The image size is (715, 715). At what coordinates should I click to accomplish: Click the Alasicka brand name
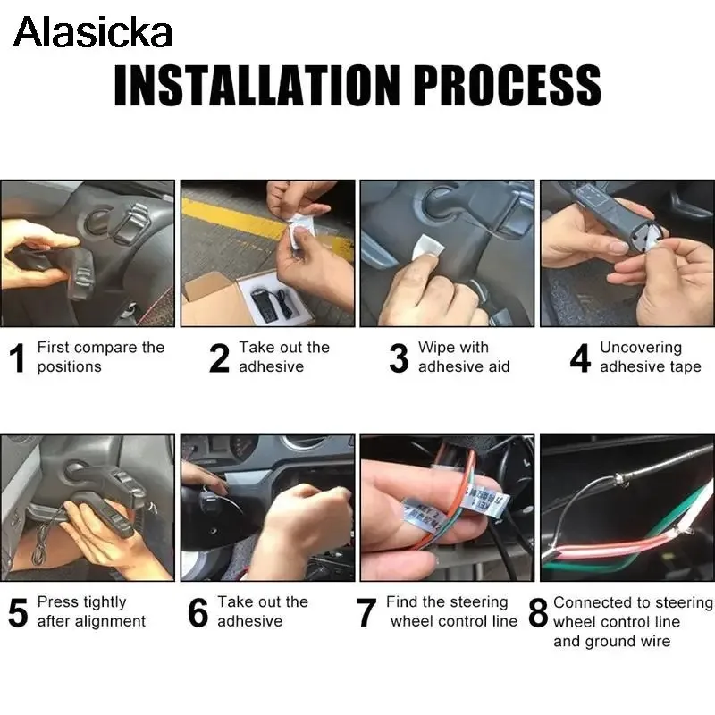[93, 32]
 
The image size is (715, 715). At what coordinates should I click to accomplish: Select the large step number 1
[17, 358]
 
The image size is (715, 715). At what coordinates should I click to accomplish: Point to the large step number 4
[580, 358]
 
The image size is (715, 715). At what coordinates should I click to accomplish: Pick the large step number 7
[366, 613]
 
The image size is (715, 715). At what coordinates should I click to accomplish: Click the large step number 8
[538, 613]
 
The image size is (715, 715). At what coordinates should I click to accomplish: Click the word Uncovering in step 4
[641, 348]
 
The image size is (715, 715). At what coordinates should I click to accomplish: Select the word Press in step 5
[55, 601]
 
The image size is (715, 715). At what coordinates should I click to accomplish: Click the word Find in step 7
[402, 601]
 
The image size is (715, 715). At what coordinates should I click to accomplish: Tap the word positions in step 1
[70, 367]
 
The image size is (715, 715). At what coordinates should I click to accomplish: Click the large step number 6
[198, 613]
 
